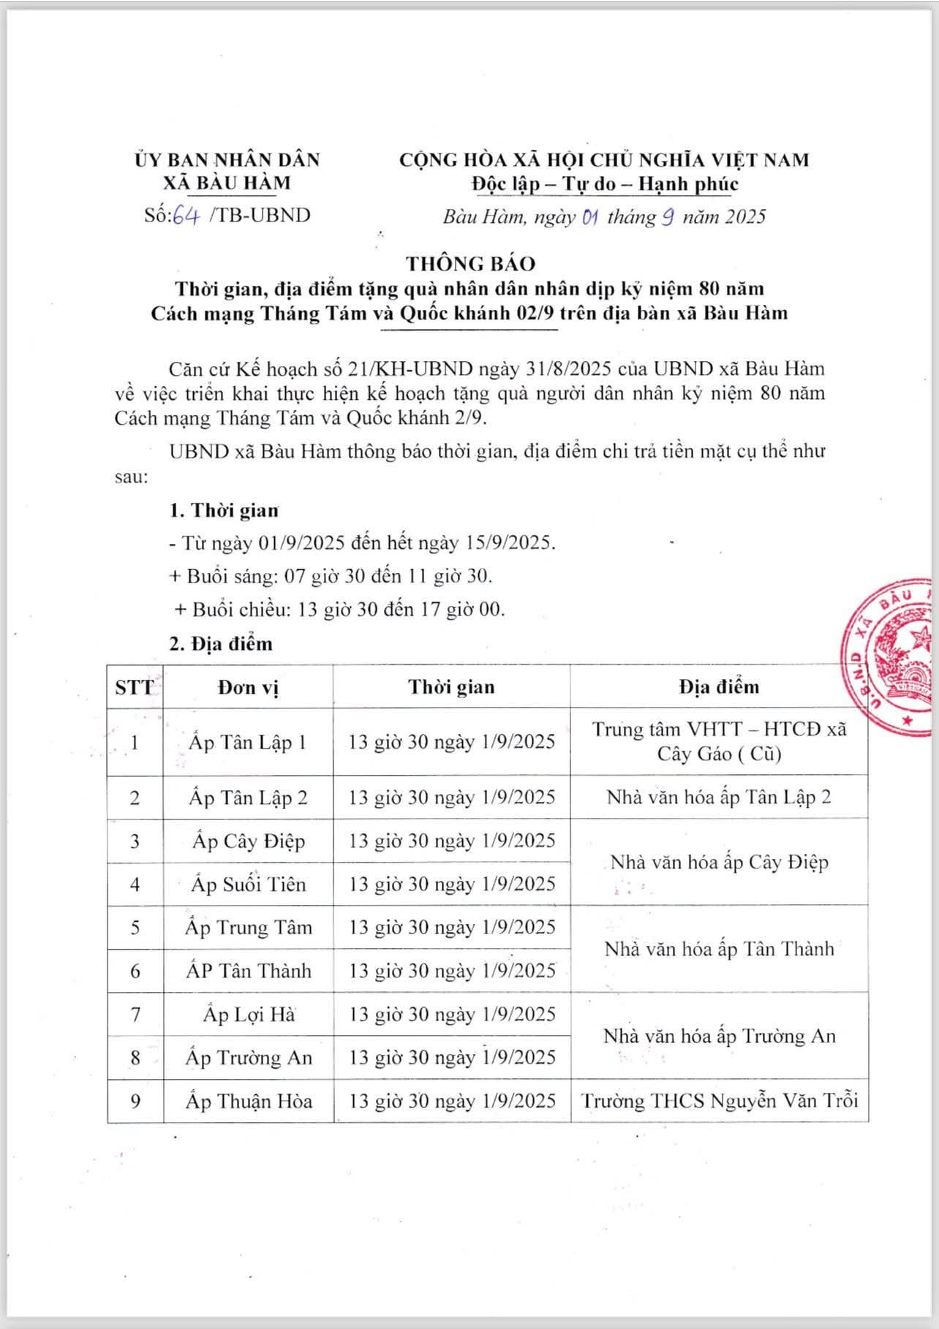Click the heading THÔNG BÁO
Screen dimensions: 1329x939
(x=471, y=263)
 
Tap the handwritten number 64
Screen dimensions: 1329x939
(x=186, y=216)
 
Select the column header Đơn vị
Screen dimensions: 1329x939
(x=248, y=687)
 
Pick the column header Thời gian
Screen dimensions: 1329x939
(x=451, y=687)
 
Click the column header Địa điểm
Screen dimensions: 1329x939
(x=718, y=687)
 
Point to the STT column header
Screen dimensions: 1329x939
(x=135, y=687)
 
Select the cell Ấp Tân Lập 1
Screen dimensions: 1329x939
(x=248, y=743)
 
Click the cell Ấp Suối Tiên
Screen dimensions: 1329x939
(x=248, y=885)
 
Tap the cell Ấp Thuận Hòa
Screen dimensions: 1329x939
(x=248, y=1101)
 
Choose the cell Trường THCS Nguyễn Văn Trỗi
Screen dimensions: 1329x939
(x=719, y=1101)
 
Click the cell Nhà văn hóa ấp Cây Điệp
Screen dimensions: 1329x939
(x=719, y=863)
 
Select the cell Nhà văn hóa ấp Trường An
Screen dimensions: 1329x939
(x=719, y=1036)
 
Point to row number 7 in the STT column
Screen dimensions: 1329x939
(x=135, y=1015)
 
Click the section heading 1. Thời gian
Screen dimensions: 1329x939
(x=224, y=510)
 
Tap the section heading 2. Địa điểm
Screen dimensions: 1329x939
(x=221, y=644)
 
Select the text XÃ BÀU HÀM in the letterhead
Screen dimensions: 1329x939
(x=227, y=183)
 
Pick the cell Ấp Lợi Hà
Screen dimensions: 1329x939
(x=248, y=1015)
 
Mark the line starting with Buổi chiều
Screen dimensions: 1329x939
(x=340, y=609)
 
